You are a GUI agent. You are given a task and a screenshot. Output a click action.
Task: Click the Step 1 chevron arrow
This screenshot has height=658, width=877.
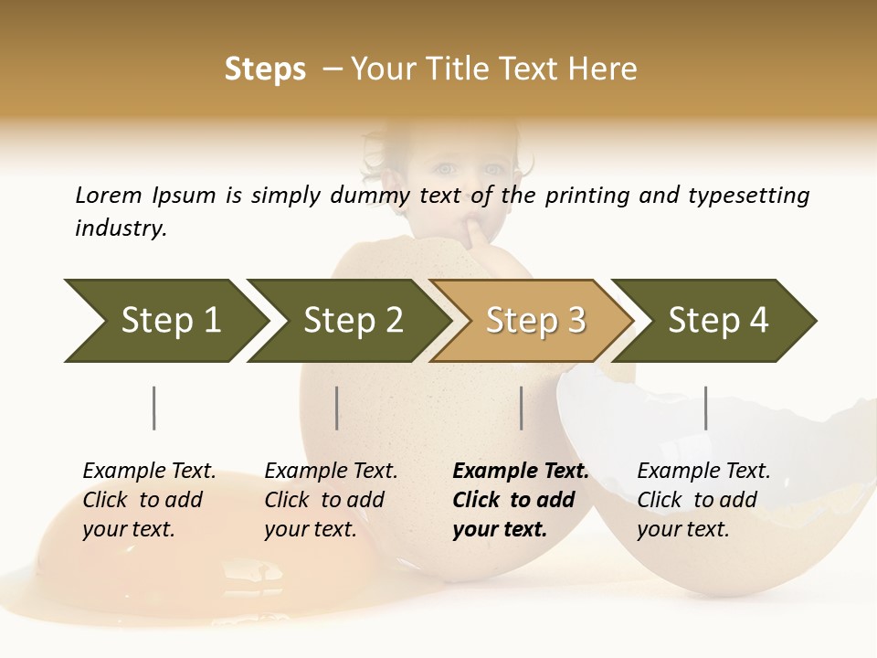tap(170, 321)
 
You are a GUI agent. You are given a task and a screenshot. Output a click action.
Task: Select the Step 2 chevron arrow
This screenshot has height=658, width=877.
tap(353, 321)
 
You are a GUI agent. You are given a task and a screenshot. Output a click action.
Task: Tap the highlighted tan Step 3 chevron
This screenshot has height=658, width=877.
tap(535, 321)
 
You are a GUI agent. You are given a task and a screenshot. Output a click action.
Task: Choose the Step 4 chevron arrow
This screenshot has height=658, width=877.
tap(718, 321)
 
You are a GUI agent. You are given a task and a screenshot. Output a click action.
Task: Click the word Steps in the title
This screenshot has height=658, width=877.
tap(265, 69)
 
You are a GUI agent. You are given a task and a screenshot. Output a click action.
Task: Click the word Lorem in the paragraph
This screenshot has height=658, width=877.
tap(108, 195)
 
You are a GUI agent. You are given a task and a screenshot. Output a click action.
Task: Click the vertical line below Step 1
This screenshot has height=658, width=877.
tap(154, 408)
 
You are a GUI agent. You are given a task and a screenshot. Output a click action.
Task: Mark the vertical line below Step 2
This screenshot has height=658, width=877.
tap(337, 408)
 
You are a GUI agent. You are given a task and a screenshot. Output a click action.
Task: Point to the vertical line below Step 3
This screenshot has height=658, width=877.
tap(522, 408)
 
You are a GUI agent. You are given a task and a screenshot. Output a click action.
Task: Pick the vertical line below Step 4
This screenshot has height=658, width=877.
tap(705, 408)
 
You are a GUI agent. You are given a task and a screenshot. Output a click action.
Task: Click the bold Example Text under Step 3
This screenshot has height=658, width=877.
tap(521, 472)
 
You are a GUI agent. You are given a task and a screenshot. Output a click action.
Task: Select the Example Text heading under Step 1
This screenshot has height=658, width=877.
tap(149, 472)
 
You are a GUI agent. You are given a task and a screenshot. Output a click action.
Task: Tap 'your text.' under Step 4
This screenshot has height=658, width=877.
tap(682, 530)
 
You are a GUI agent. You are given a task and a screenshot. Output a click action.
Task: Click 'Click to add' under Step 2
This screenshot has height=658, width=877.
tap(324, 501)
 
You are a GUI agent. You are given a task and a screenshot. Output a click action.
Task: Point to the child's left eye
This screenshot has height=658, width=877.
tap(493, 169)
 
